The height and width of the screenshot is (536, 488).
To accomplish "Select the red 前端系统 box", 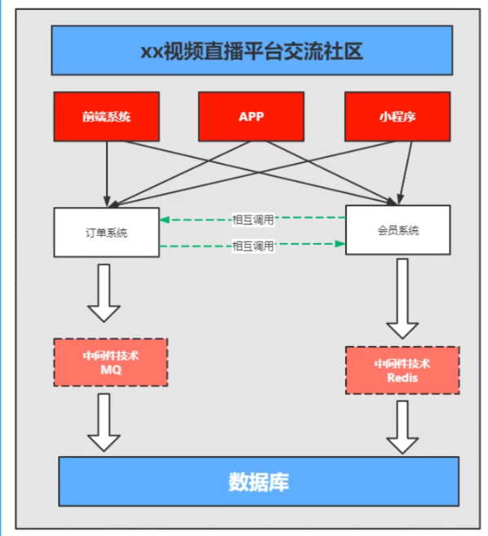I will (x=106, y=116).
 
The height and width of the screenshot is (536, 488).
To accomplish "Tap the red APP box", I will (x=251, y=116).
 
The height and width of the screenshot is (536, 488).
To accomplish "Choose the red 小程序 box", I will (x=397, y=116).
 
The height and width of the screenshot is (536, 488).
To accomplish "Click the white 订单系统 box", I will (x=106, y=233).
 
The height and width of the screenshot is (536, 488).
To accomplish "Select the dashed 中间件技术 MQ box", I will (x=110, y=361).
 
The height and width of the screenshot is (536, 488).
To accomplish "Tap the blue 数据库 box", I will (x=258, y=481).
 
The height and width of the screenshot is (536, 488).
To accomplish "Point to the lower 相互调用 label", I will (x=253, y=246).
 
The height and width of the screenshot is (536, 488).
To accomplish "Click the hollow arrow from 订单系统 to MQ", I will (x=104, y=292).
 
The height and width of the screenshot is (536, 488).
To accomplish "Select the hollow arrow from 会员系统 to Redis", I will (x=402, y=299).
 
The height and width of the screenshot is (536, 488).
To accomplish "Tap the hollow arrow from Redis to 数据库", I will (x=402, y=426).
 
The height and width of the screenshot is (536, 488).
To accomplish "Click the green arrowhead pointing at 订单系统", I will (x=165, y=219).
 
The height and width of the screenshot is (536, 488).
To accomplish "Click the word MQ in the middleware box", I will (x=110, y=370).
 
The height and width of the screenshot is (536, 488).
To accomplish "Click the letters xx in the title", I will (x=152, y=51).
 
